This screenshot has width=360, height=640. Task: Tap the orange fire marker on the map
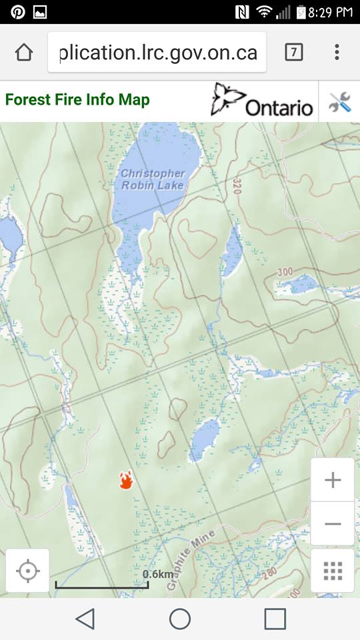coord(126,480)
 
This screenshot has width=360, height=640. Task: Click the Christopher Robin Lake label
coord(153,179)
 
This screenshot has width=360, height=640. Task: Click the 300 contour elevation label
coord(285,272)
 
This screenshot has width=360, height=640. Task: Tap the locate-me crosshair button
coord(28,571)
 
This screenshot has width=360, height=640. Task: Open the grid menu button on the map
coord(332,571)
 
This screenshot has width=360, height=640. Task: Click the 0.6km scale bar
coord(101,585)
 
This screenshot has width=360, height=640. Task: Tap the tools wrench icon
coord(339,101)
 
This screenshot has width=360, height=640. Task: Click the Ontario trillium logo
coord(262,101)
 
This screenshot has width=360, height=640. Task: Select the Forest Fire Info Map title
coord(77,100)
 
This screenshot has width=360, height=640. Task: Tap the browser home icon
coord(24,52)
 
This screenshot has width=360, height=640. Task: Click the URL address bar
coord(157,53)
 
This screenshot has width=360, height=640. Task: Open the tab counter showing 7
coord(293,52)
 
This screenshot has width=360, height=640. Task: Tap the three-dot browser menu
coord(337,52)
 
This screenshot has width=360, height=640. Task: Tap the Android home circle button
coord(180,619)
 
